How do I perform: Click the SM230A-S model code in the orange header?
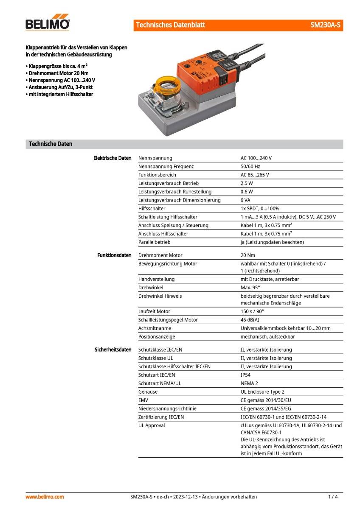pyautogui.click(x=325, y=25)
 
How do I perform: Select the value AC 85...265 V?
pyautogui.click(x=255, y=175)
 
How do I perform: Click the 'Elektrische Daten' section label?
pyautogui.click(x=112, y=158)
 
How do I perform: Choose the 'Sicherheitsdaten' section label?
pyautogui.click(x=113, y=350)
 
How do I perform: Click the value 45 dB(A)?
pyautogui.click(x=250, y=320)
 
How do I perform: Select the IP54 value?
pyautogui.click(x=245, y=375)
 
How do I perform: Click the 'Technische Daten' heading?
pyautogui.click(x=51, y=144)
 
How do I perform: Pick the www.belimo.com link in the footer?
pyautogui.click(x=45, y=497)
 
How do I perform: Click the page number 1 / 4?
pyautogui.click(x=333, y=497)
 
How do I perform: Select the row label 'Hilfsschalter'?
pyautogui.click(x=152, y=208)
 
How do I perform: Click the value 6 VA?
pyautogui.click(x=246, y=200)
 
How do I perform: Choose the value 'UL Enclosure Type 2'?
pyautogui.click(x=262, y=392)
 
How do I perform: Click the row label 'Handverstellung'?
pyautogui.click(x=156, y=279)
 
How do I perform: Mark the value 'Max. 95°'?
pyautogui.click(x=250, y=288)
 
